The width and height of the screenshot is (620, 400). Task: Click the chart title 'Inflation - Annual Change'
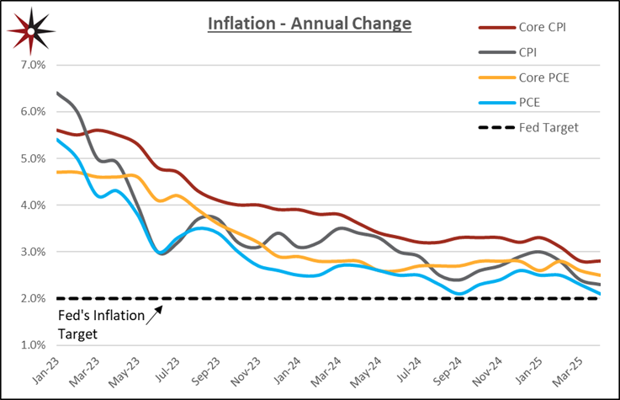coord(310,24)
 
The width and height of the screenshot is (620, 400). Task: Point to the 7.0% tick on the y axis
coord(32,65)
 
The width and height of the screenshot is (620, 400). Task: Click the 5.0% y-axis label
coord(32,158)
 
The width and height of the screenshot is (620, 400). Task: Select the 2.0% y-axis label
coord(32,299)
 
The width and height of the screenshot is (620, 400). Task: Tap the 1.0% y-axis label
coord(32,345)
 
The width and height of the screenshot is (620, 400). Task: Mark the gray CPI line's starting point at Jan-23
coord(57,93)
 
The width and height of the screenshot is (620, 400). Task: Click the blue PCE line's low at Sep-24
coord(458,294)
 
